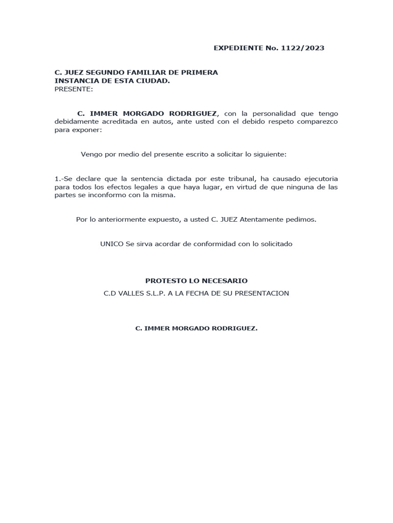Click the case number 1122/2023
(x=302, y=48)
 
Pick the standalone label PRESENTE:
(x=74, y=89)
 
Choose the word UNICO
(x=112, y=244)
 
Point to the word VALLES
(x=133, y=293)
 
